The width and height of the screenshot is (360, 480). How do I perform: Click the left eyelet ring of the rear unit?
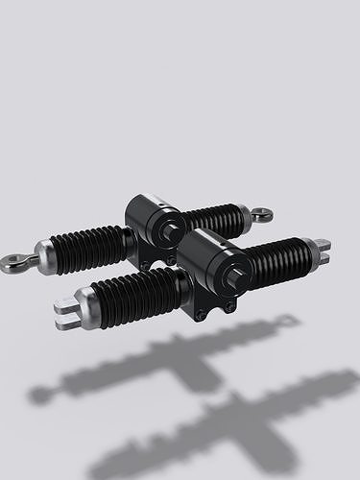tap(13, 260)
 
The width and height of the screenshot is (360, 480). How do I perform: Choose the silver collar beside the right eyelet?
tap(246, 215)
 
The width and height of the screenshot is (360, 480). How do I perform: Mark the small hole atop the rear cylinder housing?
tap(158, 203)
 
